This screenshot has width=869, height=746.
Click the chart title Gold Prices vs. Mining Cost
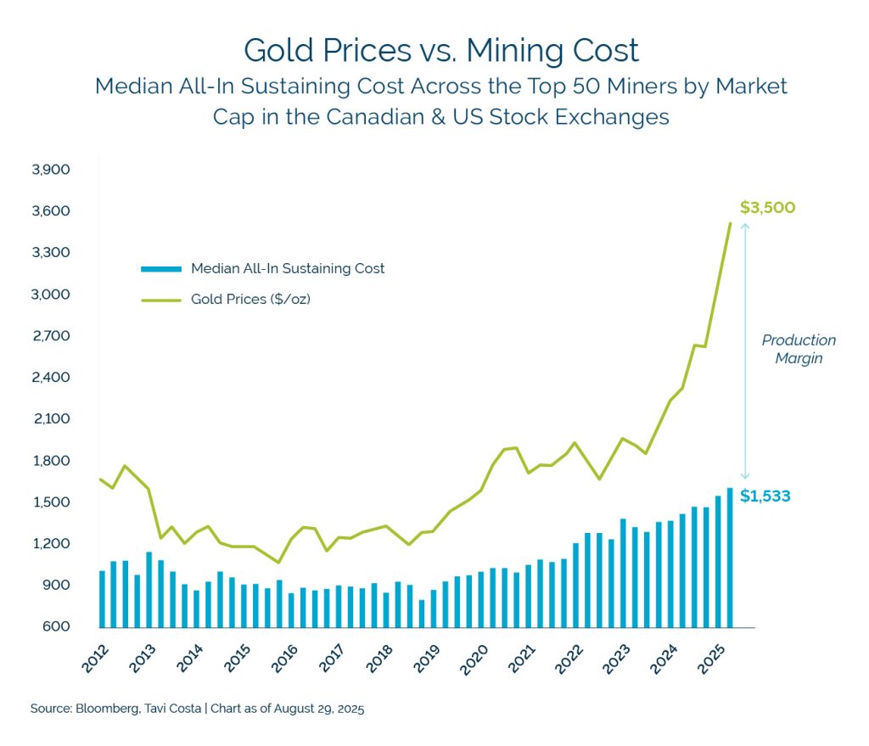point(440,50)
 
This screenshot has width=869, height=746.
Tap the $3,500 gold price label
point(766,208)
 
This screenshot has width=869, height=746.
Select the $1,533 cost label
point(765,496)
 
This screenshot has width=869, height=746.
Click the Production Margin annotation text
point(799,349)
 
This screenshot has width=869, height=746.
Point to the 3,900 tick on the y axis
point(50,170)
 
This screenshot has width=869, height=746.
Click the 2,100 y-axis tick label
point(50,419)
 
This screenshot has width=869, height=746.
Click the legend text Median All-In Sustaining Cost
point(288,269)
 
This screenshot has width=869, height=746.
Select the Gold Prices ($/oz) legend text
point(250,300)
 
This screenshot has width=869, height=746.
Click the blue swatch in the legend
point(161,269)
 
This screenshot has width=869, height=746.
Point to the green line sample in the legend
point(161,300)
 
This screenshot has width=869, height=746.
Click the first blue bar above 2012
point(103,598)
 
